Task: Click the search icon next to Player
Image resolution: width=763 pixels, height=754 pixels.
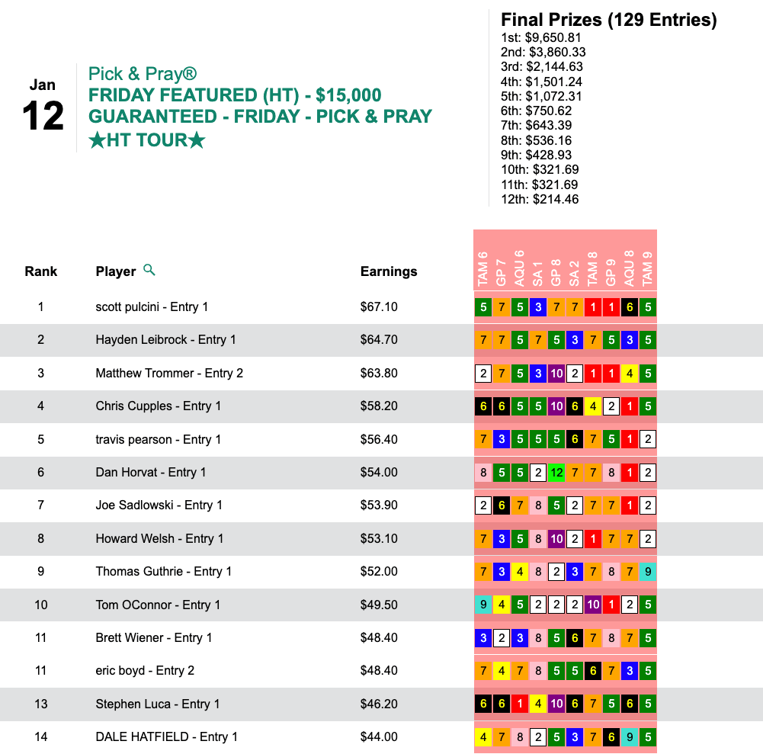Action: tap(149, 270)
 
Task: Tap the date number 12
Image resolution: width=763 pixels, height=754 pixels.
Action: tap(43, 117)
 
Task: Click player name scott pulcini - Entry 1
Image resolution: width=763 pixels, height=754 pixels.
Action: tap(152, 306)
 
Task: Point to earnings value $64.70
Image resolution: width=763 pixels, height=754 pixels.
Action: tap(379, 340)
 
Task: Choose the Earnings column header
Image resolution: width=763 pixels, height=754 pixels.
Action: tap(389, 271)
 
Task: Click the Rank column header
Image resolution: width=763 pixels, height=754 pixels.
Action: tap(41, 271)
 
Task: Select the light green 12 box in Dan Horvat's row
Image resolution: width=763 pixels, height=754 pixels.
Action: tap(556, 473)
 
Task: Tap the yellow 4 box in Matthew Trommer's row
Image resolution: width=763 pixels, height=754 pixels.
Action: tap(629, 374)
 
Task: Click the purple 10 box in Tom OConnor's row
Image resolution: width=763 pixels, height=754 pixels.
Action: tap(593, 605)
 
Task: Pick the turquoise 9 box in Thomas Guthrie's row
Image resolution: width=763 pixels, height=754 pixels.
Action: tap(647, 572)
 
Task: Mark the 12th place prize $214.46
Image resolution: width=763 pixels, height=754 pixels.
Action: tap(539, 199)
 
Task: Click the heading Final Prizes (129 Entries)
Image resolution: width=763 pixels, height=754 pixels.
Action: tap(608, 20)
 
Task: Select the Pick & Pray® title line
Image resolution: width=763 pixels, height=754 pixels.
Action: tap(143, 74)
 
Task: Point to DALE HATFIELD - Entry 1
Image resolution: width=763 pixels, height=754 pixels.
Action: tap(166, 736)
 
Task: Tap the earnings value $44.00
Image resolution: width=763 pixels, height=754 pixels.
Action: tap(379, 737)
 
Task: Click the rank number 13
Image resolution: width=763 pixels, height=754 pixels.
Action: tap(41, 704)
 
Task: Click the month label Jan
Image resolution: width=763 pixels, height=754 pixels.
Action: tap(43, 85)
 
